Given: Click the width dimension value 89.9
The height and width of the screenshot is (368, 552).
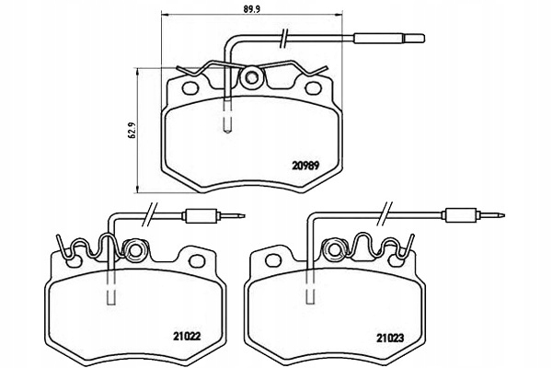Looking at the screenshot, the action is click(x=251, y=9).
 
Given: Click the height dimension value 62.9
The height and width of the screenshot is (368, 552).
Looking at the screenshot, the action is click(x=132, y=130).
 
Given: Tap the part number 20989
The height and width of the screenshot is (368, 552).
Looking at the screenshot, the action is click(x=305, y=166).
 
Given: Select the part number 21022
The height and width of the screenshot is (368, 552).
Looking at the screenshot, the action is click(x=187, y=337).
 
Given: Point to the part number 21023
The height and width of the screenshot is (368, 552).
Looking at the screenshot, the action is click(x=390, y=339).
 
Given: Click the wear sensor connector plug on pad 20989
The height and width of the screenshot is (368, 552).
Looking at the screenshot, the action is click(x=389, y=38).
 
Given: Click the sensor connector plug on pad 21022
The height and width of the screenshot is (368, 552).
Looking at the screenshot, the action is click(x=214, y=215).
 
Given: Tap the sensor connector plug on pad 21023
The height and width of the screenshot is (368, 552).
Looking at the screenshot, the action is click(x=475, y=215).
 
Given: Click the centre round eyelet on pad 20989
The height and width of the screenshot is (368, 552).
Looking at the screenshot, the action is click(x=251, y=77).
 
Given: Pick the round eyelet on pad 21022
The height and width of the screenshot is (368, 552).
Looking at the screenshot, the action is click(x=134, y=250).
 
